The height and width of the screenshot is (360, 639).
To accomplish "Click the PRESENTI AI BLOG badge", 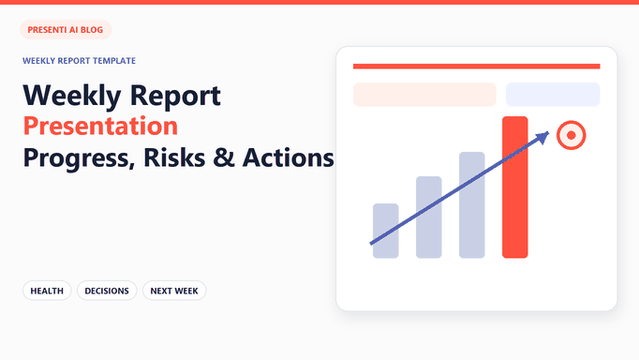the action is (66, 30).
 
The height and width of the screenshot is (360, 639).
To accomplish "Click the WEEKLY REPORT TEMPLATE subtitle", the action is (79, 61).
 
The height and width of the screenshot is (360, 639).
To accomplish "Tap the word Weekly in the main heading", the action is (72, 97).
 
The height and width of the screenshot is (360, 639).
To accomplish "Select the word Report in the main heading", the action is (175, 97).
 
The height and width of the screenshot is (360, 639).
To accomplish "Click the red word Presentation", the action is (100, 126).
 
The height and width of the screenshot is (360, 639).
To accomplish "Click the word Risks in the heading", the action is (174, 157).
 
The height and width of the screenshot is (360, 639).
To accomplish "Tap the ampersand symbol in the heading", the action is (224, 157).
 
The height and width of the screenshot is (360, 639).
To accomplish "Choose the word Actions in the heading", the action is (289, 157).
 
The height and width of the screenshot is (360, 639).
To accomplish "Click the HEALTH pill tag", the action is (47, 291).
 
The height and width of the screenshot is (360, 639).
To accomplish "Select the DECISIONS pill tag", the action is (107, 291).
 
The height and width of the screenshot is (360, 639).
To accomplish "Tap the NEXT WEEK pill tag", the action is (174, 291).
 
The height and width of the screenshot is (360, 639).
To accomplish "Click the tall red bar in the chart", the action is (514, 187).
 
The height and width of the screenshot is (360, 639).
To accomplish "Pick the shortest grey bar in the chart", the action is (385, 231).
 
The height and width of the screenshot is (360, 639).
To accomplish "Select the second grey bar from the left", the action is (429, 217).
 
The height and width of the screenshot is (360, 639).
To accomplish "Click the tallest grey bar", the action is (472, 205).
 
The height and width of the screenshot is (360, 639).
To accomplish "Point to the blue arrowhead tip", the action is (549, 132).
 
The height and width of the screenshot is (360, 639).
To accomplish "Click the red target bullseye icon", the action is (571, 135).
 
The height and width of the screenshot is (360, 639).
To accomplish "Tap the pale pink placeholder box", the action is (424, 95).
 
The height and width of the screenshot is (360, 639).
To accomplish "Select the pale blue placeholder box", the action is (553, 95).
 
